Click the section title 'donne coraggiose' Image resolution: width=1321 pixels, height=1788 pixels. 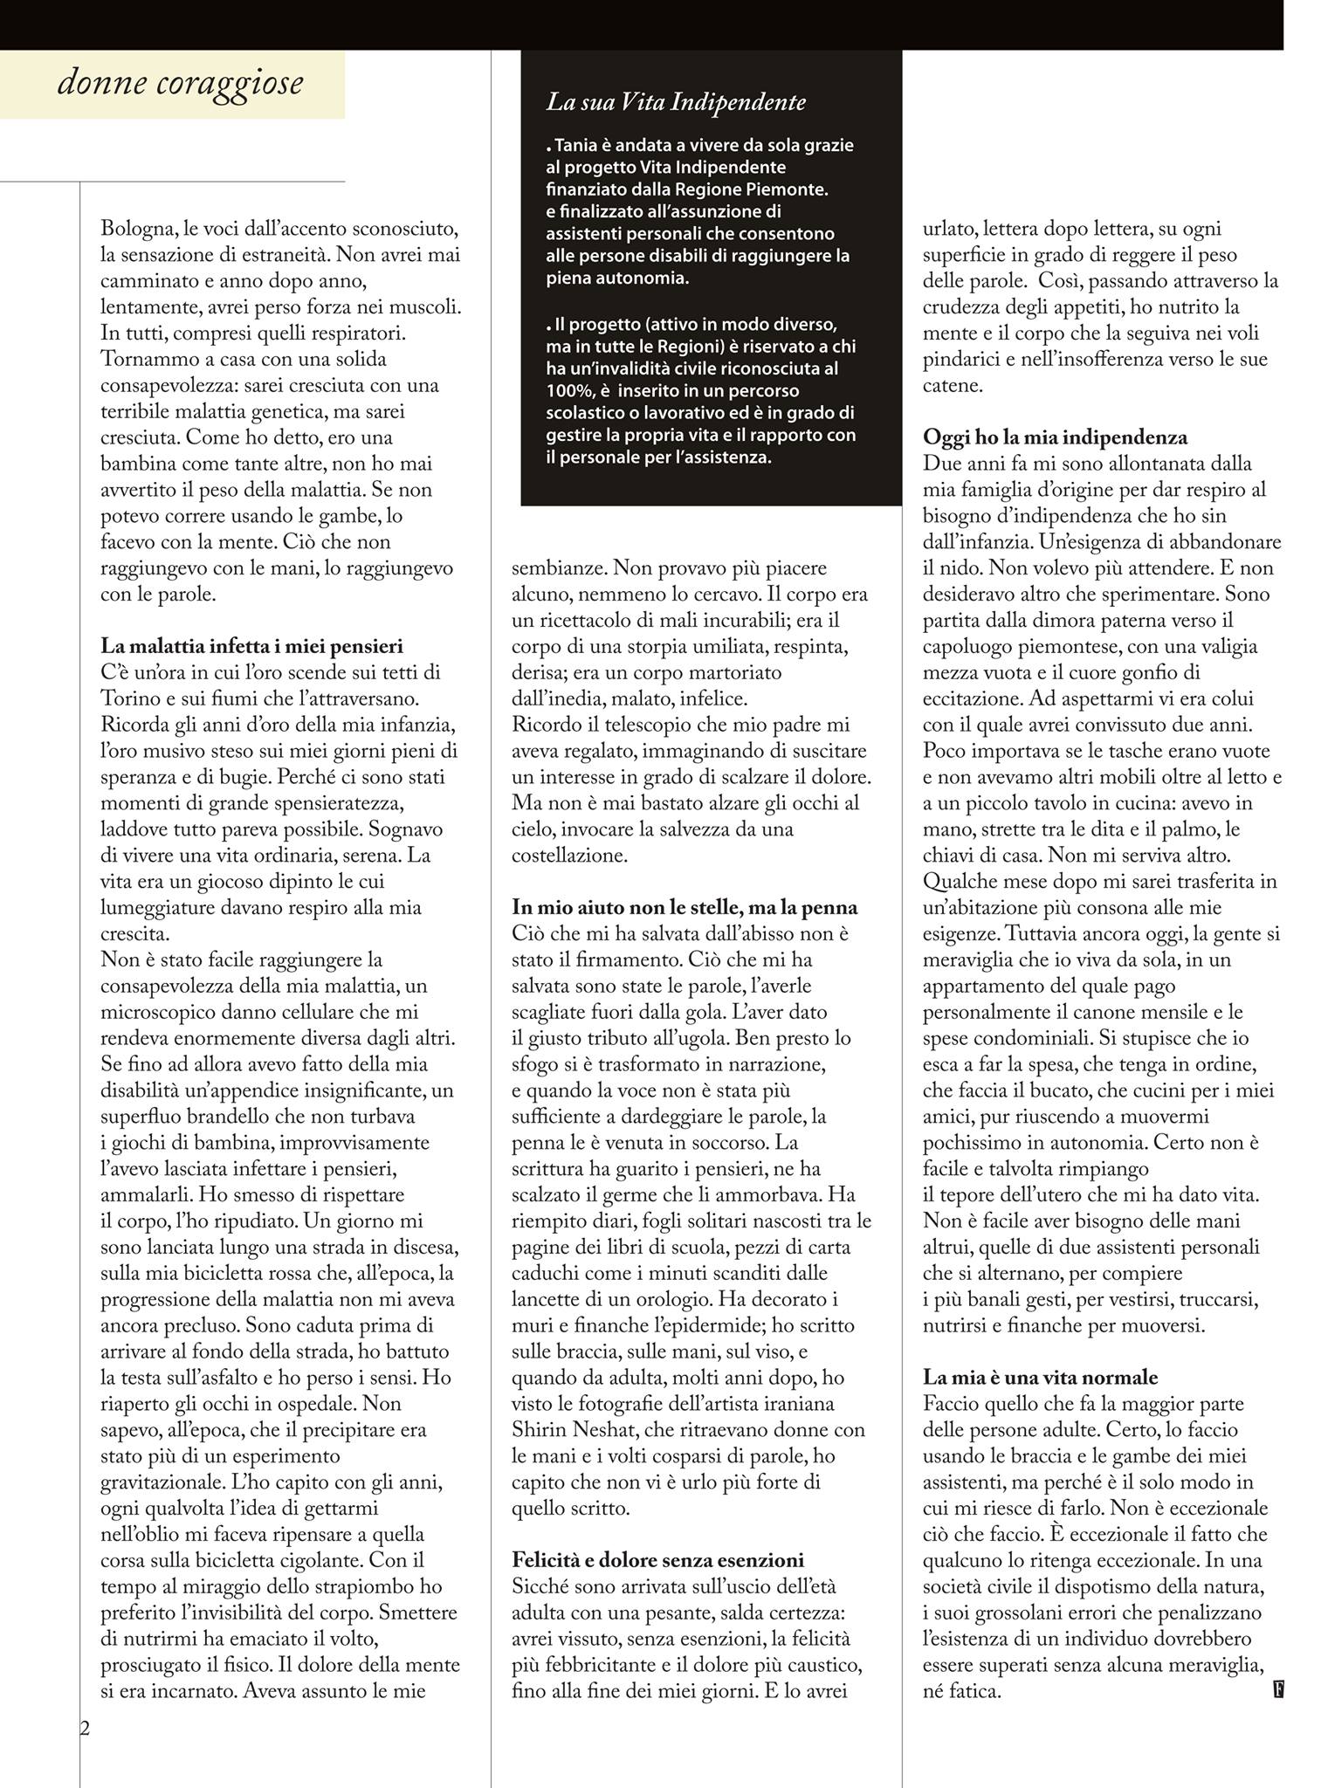coord(180,84)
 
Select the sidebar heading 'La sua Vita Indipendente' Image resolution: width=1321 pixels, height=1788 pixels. coord(676,102)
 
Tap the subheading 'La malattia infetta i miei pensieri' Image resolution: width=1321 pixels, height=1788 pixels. coord(252,646)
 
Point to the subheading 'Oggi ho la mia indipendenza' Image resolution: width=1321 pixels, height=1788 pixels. coord(1055,437)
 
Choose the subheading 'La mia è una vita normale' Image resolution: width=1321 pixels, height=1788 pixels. coord(1040,1378)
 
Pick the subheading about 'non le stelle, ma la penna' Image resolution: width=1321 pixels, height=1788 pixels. coord(685,907)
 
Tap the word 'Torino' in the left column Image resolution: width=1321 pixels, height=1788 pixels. coord(129,698)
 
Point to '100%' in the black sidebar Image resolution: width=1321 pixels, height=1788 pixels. coord(566,390)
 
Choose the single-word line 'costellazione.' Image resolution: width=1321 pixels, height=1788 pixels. coord(569,856)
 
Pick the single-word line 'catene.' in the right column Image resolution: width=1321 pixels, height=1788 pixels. coord(953,385)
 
